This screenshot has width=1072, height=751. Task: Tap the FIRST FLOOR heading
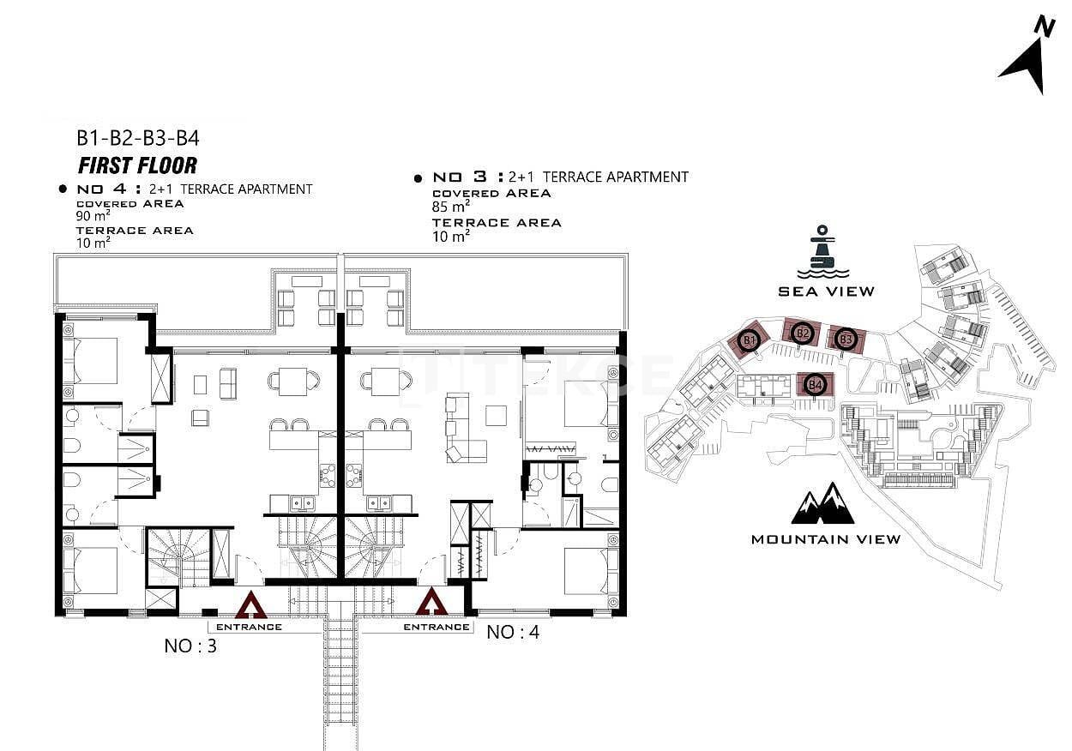[x=137, y=165]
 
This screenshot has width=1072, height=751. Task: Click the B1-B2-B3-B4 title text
[x=138, y=138]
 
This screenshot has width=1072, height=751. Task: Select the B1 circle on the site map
[x=749, y=340]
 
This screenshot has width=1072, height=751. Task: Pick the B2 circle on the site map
[x=803, y=333]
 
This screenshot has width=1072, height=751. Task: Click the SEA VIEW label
[x=826, y=291]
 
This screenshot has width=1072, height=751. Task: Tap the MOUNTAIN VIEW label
[x=826, y=539]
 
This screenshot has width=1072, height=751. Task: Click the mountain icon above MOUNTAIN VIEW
[x=823, y=503]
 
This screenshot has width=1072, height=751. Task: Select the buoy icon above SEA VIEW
[x=822, y=251]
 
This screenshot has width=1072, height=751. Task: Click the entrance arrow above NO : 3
[x=250, y=604]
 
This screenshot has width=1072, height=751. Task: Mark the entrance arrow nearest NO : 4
[x=431, y=602]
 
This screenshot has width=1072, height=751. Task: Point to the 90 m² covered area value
[x=93, y=216]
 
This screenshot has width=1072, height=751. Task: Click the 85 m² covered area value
[x=450, y=206]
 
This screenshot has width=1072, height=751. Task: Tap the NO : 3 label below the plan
[x=190, y=646]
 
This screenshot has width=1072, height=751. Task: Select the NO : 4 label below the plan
[x=513, y=633]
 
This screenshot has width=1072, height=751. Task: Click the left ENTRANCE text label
[x=249, y=627]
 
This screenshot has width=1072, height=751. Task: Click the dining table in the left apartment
[x=294, y=382]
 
